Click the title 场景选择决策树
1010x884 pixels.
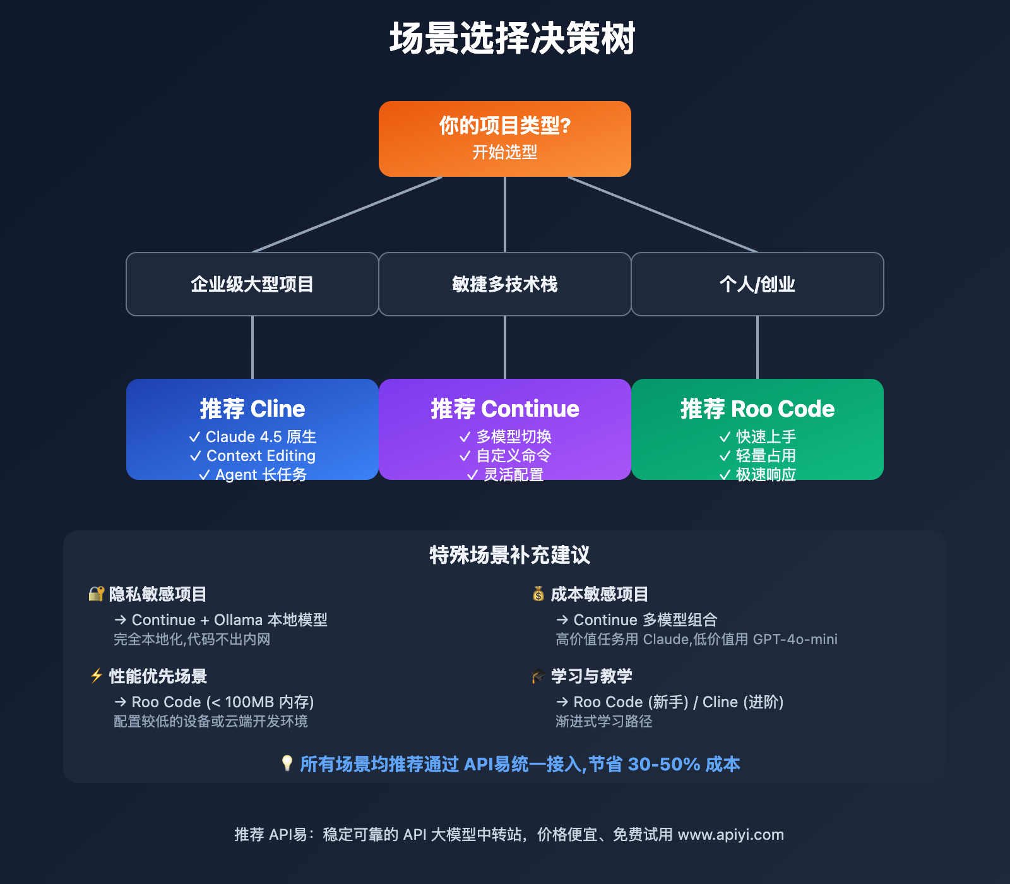(x=512, y=39)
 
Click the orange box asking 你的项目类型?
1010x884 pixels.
(x=505, y=138)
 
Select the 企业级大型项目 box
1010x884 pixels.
(x=252, y=284)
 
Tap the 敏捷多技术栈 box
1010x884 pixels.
(x=505, y=284)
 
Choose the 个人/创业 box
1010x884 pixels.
(x=757, y=284)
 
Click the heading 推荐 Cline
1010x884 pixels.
(x=252, y=409)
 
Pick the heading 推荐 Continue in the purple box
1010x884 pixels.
(x=505, y=409)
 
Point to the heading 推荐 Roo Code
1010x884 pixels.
(x=757, y=409)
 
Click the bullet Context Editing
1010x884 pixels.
(x=260, y=456)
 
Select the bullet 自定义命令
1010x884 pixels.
(x=513, y=456)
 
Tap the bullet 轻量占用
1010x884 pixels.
(x=765, y=456)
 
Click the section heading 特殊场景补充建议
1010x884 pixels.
(x=509, y=555)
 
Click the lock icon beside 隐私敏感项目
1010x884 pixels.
(x=96, y=594)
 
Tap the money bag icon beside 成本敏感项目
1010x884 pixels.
(x=538, y=594)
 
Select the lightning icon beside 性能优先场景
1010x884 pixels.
(x=96, y=676)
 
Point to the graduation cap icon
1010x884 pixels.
(x=538, y=676)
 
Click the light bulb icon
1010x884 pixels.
(x=287, y=763)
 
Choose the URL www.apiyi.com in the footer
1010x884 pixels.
(x=730, y=835)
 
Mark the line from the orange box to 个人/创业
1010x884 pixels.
(x=663, y=215)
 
